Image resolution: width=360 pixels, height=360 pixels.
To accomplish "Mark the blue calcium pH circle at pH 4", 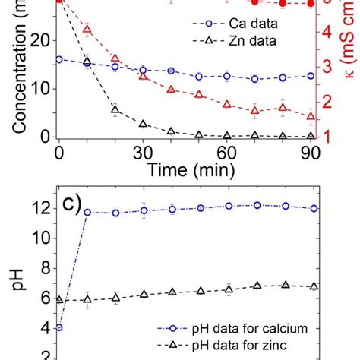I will coord(59,327).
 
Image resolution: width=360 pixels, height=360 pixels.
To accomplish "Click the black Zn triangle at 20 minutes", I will coord(115,109).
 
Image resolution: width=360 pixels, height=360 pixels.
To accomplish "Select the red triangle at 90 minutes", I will coord(311,116).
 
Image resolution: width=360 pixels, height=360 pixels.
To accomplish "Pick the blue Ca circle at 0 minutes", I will coord(59,58).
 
